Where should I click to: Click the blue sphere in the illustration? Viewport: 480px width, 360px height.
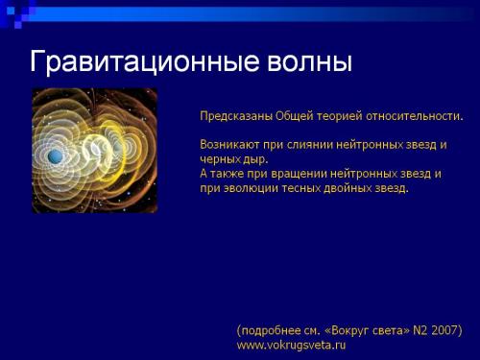54,156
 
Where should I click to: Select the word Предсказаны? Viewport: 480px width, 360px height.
235,116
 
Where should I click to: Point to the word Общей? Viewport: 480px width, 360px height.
294,116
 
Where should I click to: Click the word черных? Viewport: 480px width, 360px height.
219,158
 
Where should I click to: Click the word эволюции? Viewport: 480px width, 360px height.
251,188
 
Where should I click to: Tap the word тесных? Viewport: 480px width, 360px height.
305,188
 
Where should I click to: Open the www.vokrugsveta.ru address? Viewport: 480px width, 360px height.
291,344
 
